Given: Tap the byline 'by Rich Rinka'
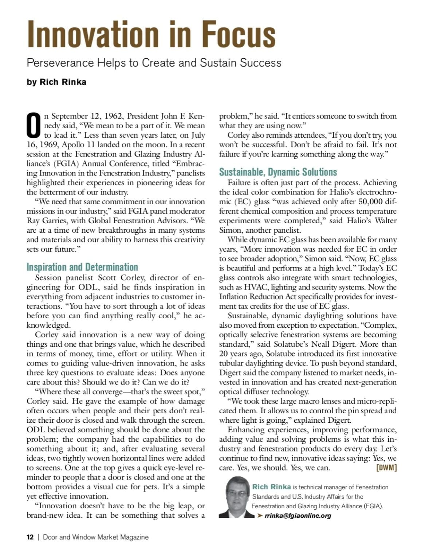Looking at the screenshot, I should coord(56,82).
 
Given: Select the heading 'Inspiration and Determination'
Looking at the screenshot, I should coord(82,267).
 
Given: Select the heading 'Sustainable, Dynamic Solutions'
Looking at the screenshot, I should coord(278,172).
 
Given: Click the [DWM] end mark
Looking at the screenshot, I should coord(386,468).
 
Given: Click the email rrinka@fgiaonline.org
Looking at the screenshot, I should coord(298,516).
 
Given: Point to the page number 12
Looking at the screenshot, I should coord(30,537).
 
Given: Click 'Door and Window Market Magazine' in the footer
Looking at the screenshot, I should coord(96,537).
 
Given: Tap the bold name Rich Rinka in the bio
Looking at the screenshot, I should coord(271,487).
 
